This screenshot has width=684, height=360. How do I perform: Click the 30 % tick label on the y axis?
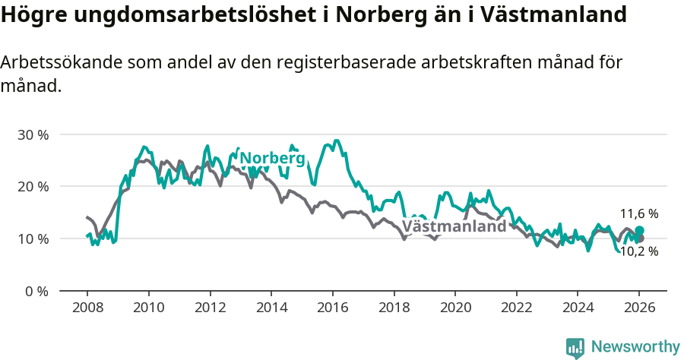33,134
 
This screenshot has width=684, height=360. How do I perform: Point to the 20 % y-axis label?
33,187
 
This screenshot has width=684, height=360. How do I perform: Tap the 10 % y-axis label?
33,238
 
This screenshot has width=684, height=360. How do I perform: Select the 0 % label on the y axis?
36,291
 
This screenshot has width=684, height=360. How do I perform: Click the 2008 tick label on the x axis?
87,308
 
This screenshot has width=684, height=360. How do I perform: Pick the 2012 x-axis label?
210,308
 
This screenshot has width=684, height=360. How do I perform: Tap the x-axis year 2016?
332,308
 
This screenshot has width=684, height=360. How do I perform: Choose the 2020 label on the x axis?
454,308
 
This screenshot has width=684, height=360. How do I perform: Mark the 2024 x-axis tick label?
577,308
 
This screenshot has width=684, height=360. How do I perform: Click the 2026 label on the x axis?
638,308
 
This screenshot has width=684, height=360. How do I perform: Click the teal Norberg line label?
272,158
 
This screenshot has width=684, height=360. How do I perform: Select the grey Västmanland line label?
454,226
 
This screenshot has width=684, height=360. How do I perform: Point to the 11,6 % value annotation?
639,214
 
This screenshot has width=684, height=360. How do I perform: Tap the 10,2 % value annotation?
639,251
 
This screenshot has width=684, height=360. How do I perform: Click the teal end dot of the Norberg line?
639,230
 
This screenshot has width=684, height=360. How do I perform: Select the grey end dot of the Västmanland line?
640,238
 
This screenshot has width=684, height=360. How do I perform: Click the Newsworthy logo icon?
575,347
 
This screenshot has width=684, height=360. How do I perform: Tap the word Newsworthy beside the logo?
635,347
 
